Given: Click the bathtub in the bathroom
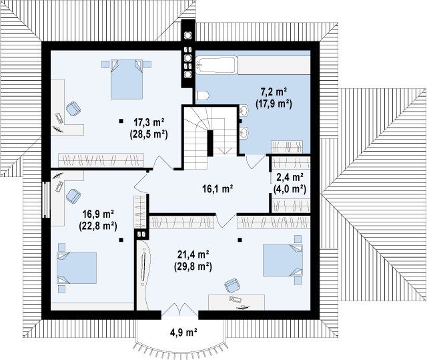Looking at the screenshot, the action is [216, 65].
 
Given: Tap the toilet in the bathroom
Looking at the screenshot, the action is [203, 96].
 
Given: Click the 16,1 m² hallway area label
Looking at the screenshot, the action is [218, 188].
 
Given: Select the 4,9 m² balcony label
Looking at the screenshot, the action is [184, 333].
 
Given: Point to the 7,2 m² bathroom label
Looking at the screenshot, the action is [274, 92].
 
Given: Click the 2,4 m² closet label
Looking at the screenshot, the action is [290, 177].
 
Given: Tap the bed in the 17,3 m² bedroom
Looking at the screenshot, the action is [127, 79].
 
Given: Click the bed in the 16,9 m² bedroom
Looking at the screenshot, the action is [77, 268].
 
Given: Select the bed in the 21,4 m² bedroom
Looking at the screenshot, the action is [283, 260].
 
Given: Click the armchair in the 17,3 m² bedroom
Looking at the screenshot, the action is [73, 108].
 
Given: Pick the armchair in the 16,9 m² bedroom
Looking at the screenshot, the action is [73, 196].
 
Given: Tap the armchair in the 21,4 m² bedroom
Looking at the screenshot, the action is [232, 286].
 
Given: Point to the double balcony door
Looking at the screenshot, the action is [179, 310].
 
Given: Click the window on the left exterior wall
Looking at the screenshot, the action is [47, 200].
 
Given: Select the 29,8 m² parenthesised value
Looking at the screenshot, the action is [193, 266].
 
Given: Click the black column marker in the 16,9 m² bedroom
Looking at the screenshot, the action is [121, 240].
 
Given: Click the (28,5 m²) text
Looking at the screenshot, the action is [148, 134].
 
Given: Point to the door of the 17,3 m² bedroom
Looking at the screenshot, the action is [163, 163].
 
